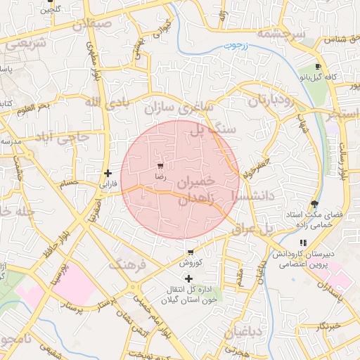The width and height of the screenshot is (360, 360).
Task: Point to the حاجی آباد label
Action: point(66,137)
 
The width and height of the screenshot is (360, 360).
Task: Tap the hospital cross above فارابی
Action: point(107,173)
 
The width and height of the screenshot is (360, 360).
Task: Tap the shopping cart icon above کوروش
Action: point(190,252)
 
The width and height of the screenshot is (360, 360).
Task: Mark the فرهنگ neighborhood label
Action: point(127,265)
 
